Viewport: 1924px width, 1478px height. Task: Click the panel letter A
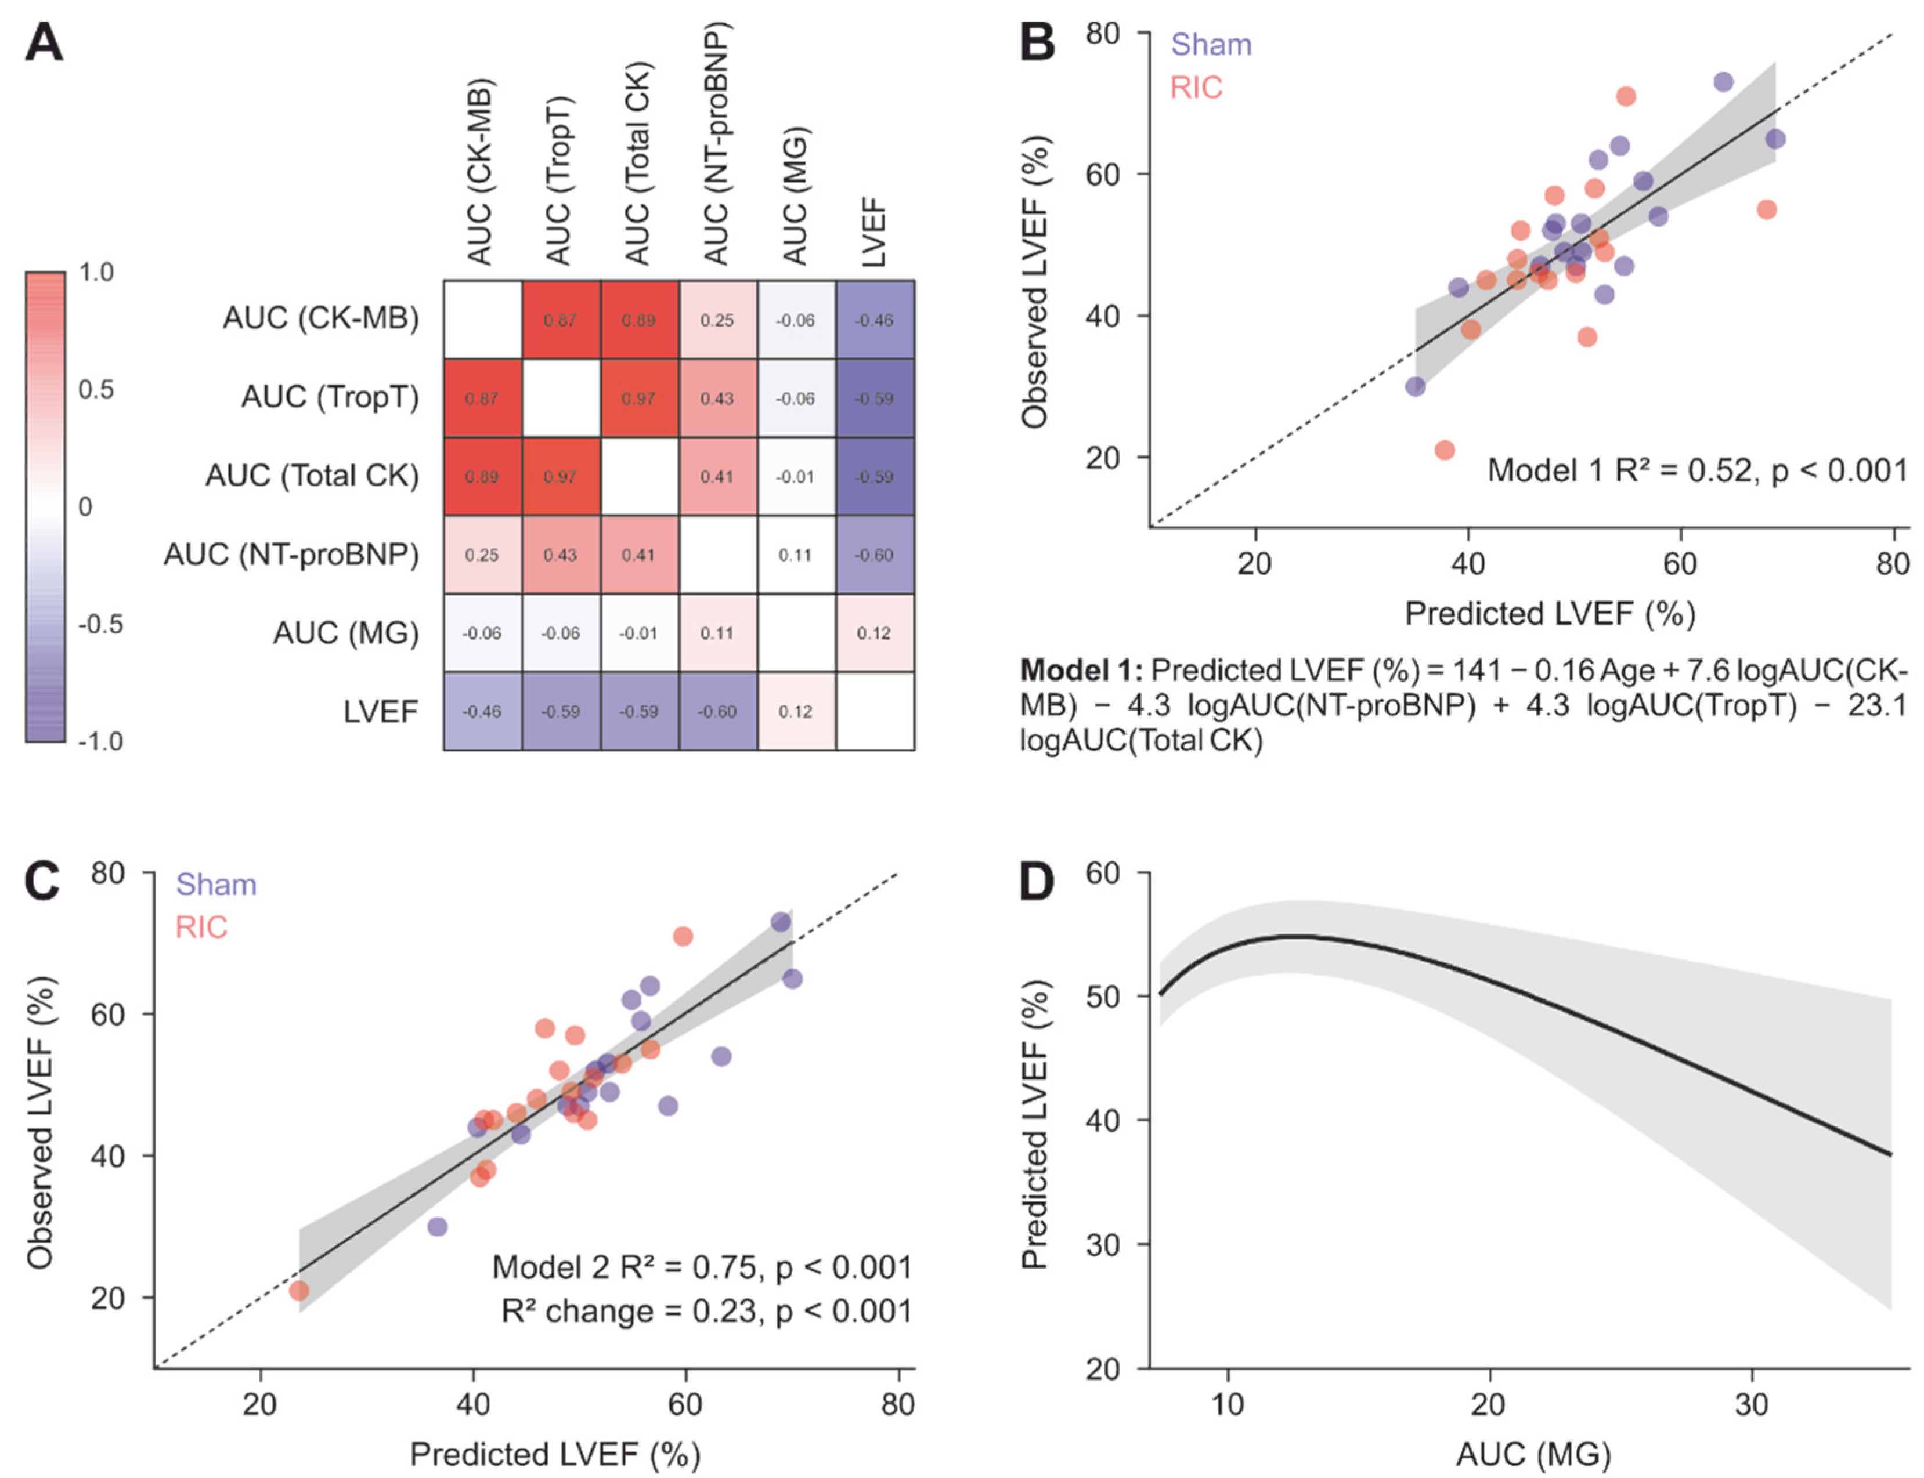point(44,42)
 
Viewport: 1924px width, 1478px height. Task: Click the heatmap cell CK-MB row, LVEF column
point(874,320)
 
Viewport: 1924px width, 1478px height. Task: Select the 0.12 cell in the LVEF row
point(795,711)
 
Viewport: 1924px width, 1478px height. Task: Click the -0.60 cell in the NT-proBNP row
point(874,555)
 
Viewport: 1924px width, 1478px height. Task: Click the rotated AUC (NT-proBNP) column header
point(716,145)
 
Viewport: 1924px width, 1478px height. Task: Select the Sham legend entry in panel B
point(1210,44)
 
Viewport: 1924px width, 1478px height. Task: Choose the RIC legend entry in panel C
point(201,926)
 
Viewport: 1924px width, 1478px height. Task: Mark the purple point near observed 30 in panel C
point(436,1226)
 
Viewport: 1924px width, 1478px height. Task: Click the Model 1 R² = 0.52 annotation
point(1696,470)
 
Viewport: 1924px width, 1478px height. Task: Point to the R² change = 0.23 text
point(706,1311)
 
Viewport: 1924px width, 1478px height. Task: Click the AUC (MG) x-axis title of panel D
point(1532,1454)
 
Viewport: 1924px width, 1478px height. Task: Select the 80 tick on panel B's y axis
point(1102,34)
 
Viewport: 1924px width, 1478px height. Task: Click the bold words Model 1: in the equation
point(1081,671)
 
